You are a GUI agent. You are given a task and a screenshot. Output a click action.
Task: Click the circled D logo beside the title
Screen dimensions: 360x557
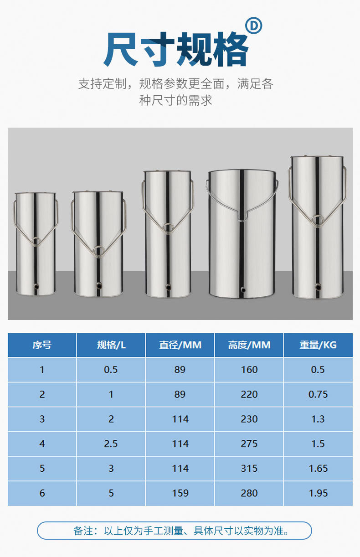tap(253, 26)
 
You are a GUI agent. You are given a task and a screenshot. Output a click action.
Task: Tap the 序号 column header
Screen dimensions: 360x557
tap(42, 345)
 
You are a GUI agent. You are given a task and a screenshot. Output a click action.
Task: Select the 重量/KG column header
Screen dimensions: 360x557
tap(318, 345)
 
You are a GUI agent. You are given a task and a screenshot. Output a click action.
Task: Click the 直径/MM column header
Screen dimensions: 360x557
tap(180, 345)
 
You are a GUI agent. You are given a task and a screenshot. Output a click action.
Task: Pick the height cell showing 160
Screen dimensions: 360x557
tap(249, 370)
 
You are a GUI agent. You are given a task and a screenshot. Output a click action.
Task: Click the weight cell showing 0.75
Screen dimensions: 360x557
tap(318, 394)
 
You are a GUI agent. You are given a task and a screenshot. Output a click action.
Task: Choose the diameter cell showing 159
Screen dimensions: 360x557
tap(180, 493)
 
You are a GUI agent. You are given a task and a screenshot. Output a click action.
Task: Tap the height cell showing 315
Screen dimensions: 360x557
tap(249, 468)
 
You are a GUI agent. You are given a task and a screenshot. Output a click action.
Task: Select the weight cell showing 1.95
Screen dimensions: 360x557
tap(318, 493)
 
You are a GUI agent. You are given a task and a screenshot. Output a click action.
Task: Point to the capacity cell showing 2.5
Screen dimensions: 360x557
tap(111, 444)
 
